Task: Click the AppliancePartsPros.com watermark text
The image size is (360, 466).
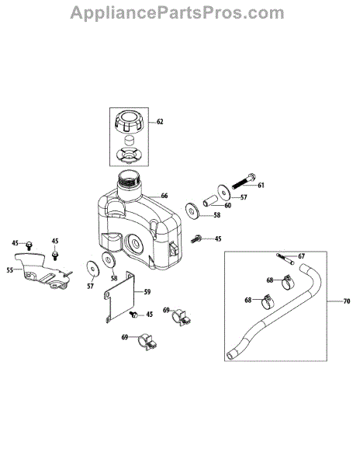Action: point(177,13)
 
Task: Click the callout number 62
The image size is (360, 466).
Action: point(160,122)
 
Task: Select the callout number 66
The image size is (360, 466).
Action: point(164,196)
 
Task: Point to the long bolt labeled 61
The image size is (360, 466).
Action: point(243,180)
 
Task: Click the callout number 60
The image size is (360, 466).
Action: point(227,205)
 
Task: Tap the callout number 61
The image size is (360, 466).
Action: point(261,185)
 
